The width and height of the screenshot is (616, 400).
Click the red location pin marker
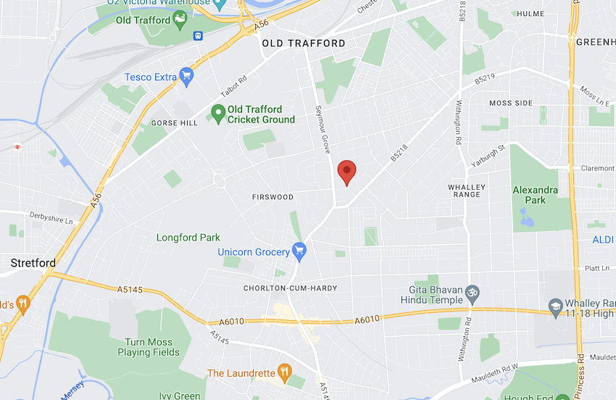pos(348,172)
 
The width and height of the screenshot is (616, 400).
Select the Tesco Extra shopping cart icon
pos(187,75)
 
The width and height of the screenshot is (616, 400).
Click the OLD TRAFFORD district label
pos(304,43)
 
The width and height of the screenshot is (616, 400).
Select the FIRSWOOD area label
pos(272,197)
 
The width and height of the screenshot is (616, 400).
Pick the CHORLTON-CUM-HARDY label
pos(291,288)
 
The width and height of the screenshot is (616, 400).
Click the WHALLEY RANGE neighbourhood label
pos(466,191)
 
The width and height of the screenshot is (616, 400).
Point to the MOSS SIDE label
pos(511,104)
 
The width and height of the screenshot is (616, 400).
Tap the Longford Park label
pos(188,238)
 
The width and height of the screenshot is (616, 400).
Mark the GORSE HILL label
pos(174,123)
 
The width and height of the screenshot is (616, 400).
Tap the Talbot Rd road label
pos(234,86)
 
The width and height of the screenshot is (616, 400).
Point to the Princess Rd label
pos(580,370)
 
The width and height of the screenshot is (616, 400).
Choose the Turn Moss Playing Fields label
pos(149,347)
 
